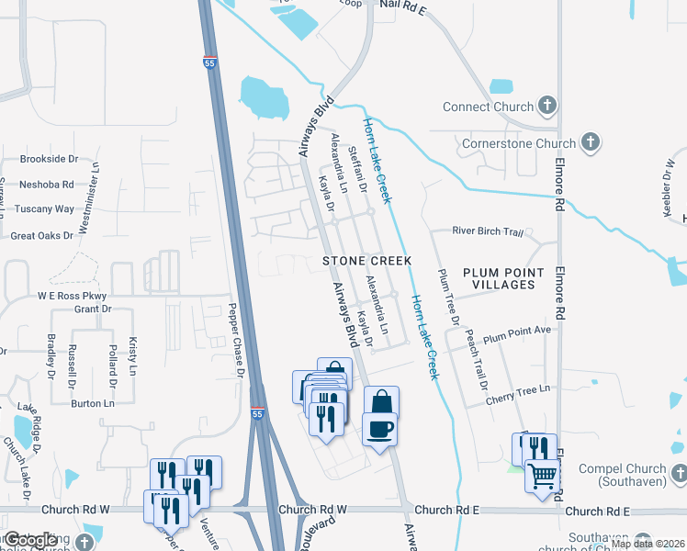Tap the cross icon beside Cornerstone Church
(591, 142)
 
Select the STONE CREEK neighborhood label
(366, 261)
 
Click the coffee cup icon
(381, 429)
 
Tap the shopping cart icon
(543, 477)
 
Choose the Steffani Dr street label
(359, 174)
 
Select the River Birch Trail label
(489, 232)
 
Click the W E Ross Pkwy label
(72, 296)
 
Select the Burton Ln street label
(93, 403)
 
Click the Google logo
(30, 540)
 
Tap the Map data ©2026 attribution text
(647, 544)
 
